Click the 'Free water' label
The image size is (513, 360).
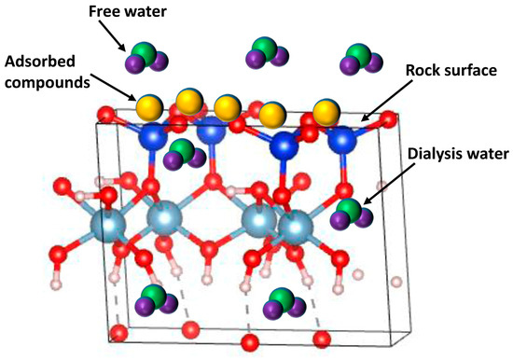pos(128,12)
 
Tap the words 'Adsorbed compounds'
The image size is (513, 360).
pos(48,72)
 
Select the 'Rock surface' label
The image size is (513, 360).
pos(451,70)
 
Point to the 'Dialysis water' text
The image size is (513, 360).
pos(458,154)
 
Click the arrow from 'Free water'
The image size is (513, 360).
pos(112,35)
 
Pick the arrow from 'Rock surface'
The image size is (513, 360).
pos(386,100)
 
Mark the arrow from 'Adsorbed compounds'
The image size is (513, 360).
pos(113,88)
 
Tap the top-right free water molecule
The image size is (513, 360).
pos(361,60)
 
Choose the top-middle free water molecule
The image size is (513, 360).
pos(267,52)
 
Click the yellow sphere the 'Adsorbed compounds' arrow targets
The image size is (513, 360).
pos(149,107)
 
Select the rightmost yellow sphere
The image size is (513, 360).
pos(326,113)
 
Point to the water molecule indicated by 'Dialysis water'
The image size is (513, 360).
pos(352,214)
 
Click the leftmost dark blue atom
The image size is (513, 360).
pos(153,136)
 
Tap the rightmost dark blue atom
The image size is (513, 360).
pos(342,141)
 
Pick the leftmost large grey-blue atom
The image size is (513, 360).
pos(107,226)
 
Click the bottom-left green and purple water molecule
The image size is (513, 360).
pos(157,301)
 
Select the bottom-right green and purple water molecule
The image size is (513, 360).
pos(284,304)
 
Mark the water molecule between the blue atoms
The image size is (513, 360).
pos(185,155)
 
